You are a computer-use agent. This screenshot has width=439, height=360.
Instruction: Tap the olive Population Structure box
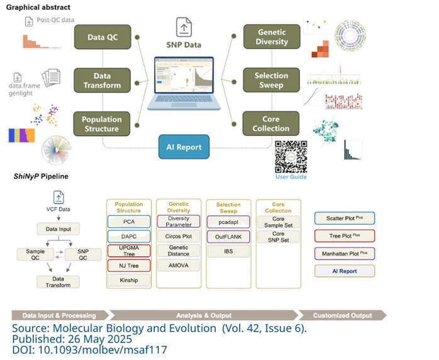(102, 123)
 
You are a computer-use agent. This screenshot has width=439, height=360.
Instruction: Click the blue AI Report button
(184, 148)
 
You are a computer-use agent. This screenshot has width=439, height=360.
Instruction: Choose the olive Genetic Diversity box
(272, 37)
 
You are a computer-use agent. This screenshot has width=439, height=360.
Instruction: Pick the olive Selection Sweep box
(271, 80)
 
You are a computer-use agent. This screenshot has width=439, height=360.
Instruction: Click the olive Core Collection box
(271, 123)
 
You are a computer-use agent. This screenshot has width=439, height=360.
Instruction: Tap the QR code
(291, 157)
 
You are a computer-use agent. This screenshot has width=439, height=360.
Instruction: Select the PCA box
(129, 222)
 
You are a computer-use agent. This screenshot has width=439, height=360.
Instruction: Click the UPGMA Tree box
(129, 251)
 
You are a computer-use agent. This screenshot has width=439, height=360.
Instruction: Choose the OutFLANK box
(228, 237)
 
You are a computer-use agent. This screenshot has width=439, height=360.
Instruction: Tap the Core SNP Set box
(278, 238)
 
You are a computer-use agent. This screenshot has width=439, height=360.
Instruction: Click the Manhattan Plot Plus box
(344, 254)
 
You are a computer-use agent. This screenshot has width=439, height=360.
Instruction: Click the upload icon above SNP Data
(184, 27)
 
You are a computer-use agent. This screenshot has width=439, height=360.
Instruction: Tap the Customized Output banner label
(342, 315)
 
